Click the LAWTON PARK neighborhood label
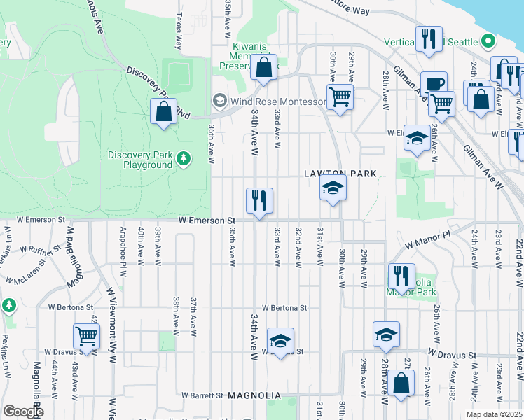(340, 174)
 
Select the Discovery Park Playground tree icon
(184, 160)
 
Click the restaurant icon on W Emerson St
(259, 201)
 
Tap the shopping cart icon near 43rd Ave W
(86, 335)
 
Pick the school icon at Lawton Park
(333, 188)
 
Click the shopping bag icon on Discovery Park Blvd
(163, 111)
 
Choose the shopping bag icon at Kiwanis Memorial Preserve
(263, 68)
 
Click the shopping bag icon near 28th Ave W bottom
(400, 384)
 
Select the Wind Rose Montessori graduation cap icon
(219, 101)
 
